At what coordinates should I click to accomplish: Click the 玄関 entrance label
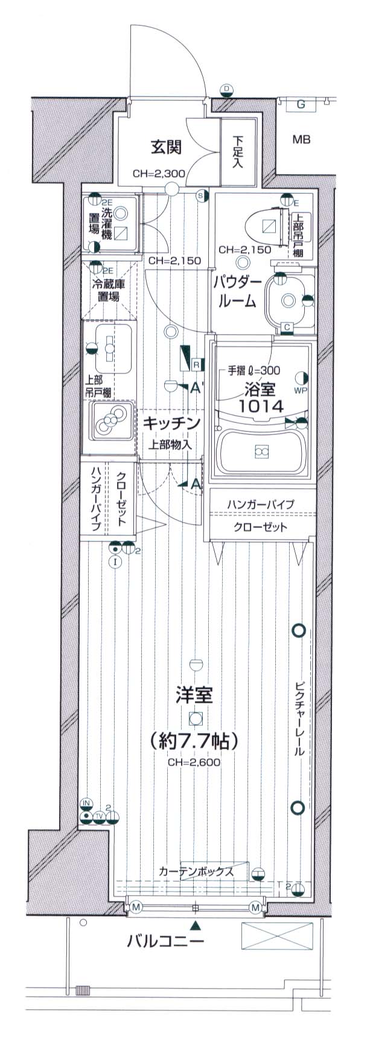(x=166, y=147)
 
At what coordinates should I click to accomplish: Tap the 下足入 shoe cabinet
(x=236, y=151)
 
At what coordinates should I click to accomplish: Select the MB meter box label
(x=301, y=140)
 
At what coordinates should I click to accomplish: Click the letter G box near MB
(x=301, y=105)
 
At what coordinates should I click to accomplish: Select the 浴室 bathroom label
(x=260, y=387)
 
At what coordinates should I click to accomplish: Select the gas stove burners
(x=109, y=420)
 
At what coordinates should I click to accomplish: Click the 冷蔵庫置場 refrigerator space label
(x=109, y=289)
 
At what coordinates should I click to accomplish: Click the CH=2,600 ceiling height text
(x=194, y=762)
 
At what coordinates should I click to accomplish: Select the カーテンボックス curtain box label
(x=196, y=871)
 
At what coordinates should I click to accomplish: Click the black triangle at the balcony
(x=195, y=925)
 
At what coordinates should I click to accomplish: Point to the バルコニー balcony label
(x=165, y=941)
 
